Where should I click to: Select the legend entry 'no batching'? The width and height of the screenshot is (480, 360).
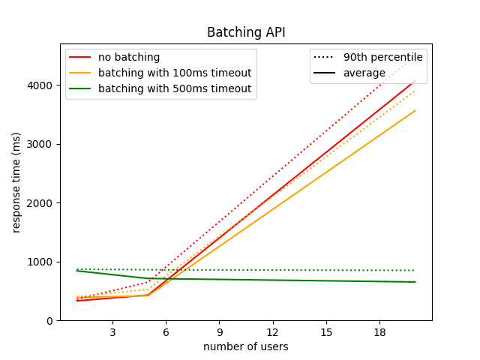[x=128, y=57]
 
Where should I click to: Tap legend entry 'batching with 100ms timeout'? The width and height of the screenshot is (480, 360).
[x=174, y=73]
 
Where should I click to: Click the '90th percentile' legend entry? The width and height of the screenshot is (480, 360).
[x=382, y=57]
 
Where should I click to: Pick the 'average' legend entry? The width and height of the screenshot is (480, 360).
[x=364, y=73]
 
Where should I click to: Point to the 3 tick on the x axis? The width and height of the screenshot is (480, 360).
[x=112, y=332]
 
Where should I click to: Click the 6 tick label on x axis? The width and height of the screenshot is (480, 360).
[x=166, y=332]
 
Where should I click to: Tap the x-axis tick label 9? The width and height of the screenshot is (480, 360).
[x=219, y=332]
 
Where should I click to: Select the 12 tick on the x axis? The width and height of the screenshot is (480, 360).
[x=272, y=332]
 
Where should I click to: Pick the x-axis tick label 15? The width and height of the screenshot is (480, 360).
[x=325, y=332]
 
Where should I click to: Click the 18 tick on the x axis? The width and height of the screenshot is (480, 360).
[x=379, y=332]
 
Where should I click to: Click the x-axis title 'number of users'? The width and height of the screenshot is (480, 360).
[x=246, y=346]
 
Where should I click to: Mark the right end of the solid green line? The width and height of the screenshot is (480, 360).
[x=415, y=282]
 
